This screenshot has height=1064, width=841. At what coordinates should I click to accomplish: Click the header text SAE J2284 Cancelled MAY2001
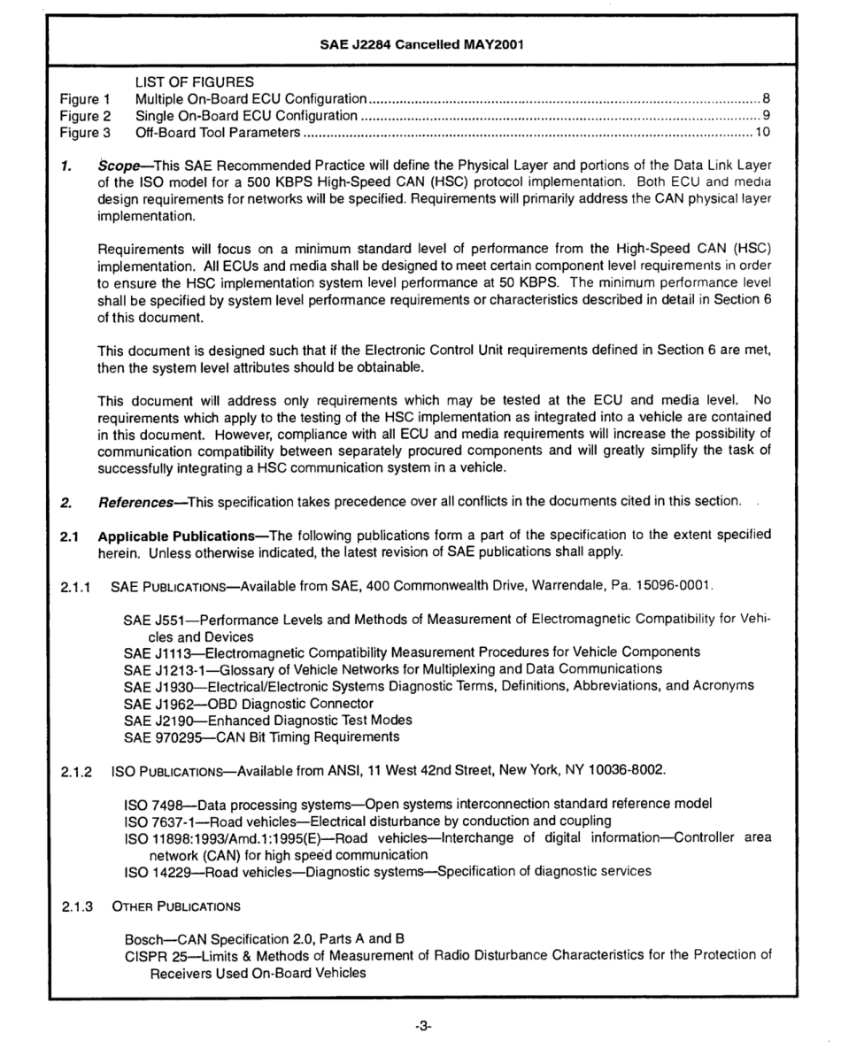click(x=420, y=46)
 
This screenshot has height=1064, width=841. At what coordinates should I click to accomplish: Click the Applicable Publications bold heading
click(x=166, y=534)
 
